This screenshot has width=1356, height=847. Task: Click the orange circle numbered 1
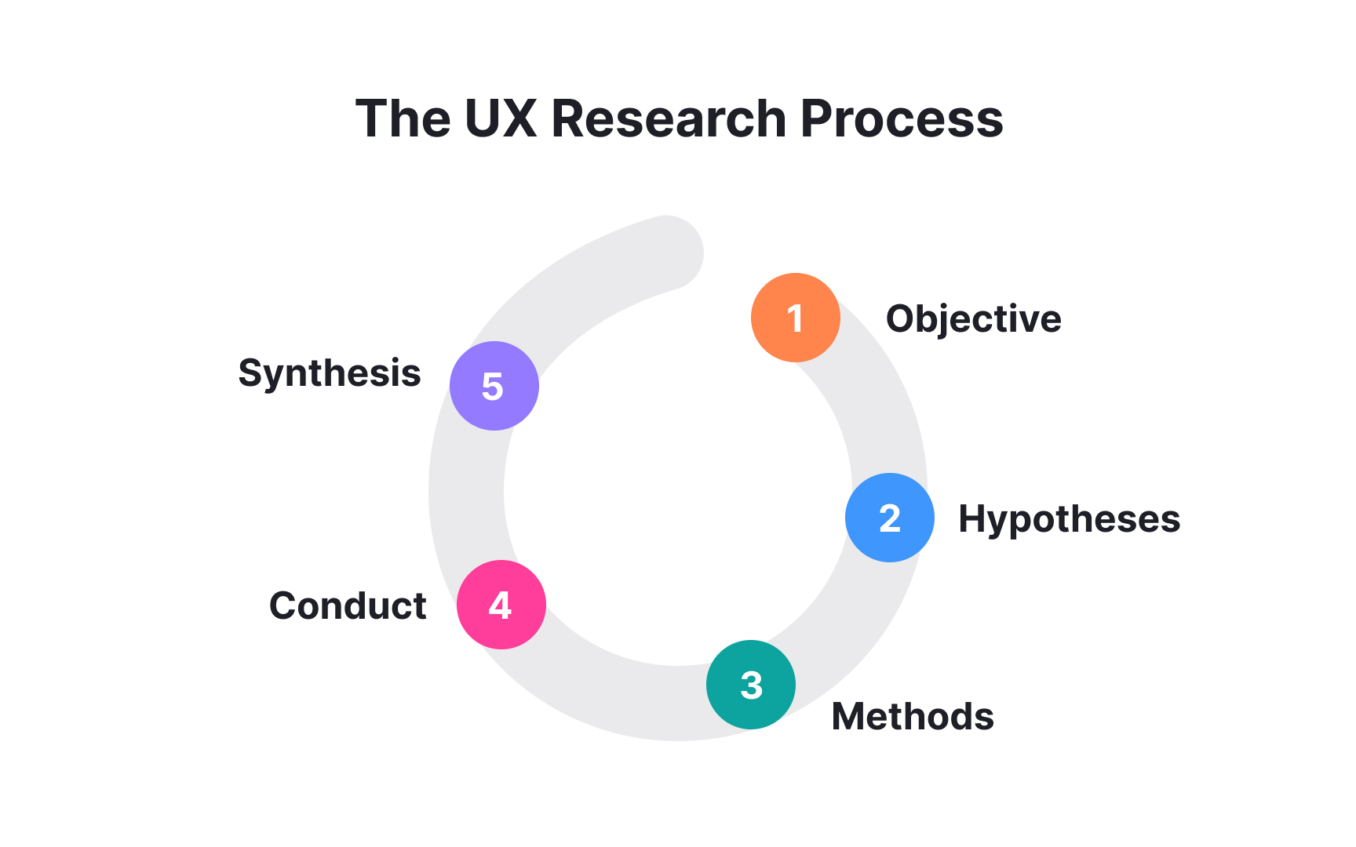(795, 318)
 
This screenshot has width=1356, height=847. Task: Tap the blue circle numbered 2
(889, 518)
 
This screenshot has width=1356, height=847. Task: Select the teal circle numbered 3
(751, 685)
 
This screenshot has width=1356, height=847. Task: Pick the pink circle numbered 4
(501, 605)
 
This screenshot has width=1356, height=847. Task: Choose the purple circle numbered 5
(494, 386)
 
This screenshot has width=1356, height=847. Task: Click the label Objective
(973, 319)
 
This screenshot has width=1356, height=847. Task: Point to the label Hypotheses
(1069, 519)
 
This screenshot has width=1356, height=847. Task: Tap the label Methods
(913, 716)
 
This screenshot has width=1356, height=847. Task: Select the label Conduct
(348, 605)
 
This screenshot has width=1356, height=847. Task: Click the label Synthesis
(330, 373)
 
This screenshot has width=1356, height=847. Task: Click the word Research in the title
(669, 119)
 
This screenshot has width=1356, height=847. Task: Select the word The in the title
(403, 119)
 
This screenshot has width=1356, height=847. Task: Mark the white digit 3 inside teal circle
(751, 685)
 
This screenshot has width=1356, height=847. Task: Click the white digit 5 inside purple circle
(493, 387)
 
